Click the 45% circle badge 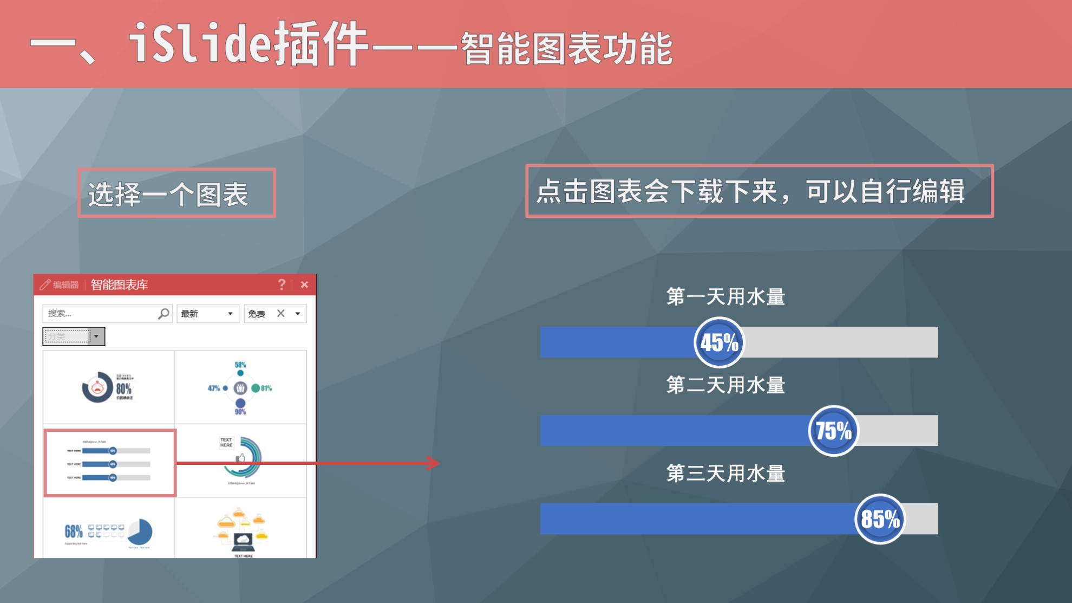point(719,342)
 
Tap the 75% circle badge point(833,431)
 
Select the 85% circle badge point(880,519)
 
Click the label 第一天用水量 point(725,297)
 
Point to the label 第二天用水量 point(725,385)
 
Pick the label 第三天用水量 point(725,474)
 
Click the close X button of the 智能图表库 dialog point(304,284)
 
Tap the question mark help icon point(282,284)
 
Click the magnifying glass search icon point(164,313)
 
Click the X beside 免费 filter point(280,313)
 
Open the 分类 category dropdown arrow point(96,336)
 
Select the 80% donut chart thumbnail point(108,387)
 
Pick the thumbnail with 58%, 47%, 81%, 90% point(240,387)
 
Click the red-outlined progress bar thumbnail point(110,463)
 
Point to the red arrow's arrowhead point(434,463)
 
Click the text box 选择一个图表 point(177,193)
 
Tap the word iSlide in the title point(200,43)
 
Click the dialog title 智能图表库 point(119,284)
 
